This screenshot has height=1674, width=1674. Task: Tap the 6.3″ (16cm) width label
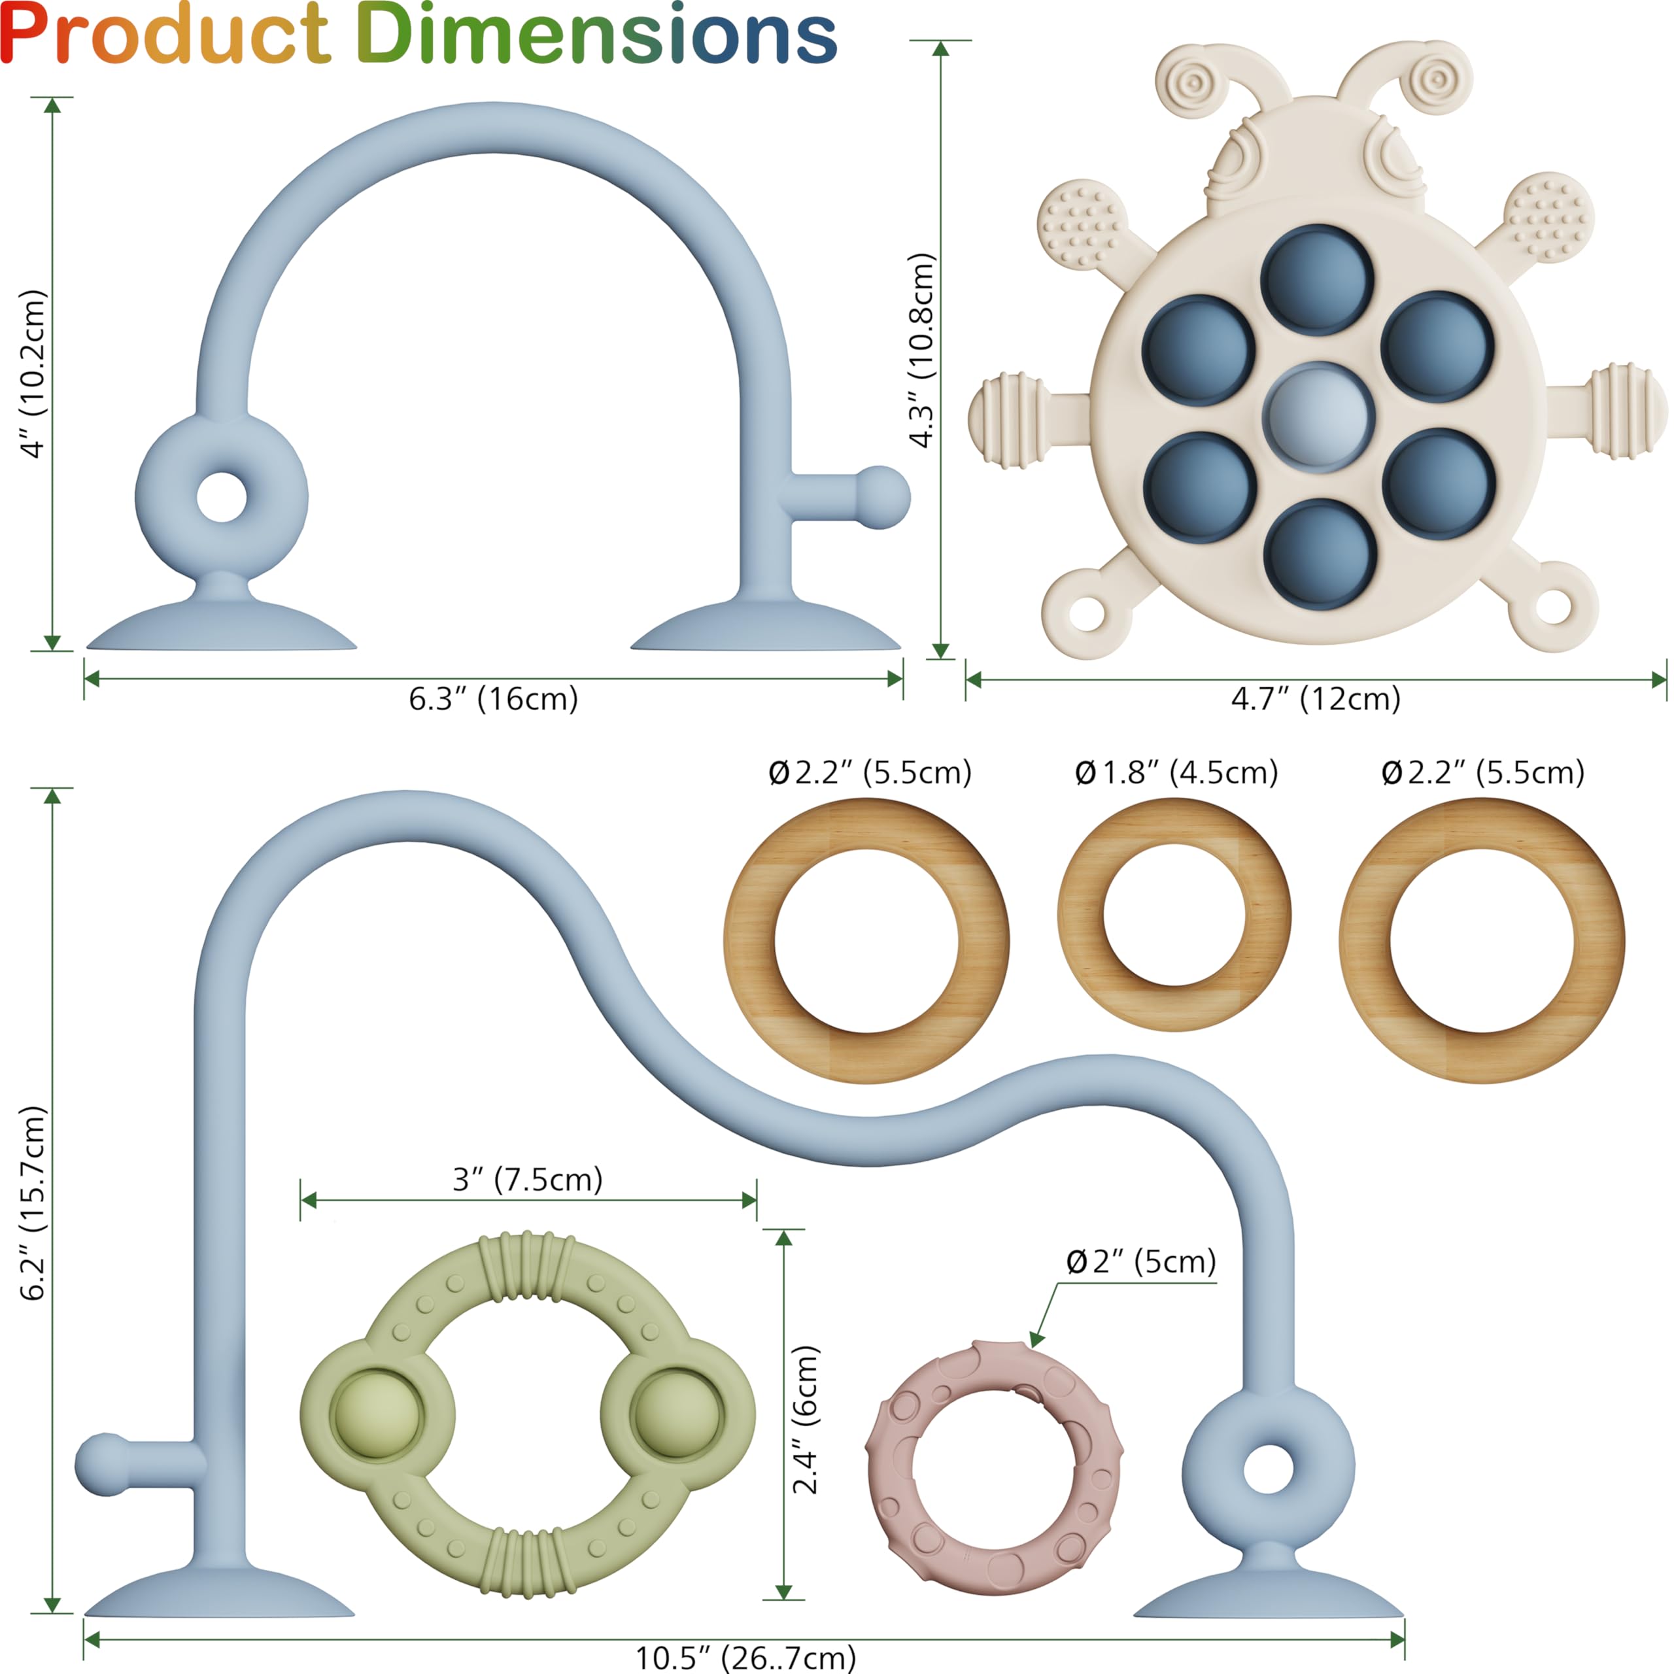[x=493, y=698]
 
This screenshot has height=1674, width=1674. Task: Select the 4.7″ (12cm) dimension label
[x=1316, y=698]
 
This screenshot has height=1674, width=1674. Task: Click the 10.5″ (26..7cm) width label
[x=745, y=1658]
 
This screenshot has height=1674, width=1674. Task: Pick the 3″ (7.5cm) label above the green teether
[x=527, y=1179]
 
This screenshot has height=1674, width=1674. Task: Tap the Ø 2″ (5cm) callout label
[x=1141, y=1261]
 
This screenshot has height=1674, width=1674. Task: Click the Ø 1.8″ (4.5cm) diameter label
[x=1176, y=772]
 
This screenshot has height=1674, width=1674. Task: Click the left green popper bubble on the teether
[x=377, y=1416]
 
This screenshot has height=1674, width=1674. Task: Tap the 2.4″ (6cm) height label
[x=805, y=1419]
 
